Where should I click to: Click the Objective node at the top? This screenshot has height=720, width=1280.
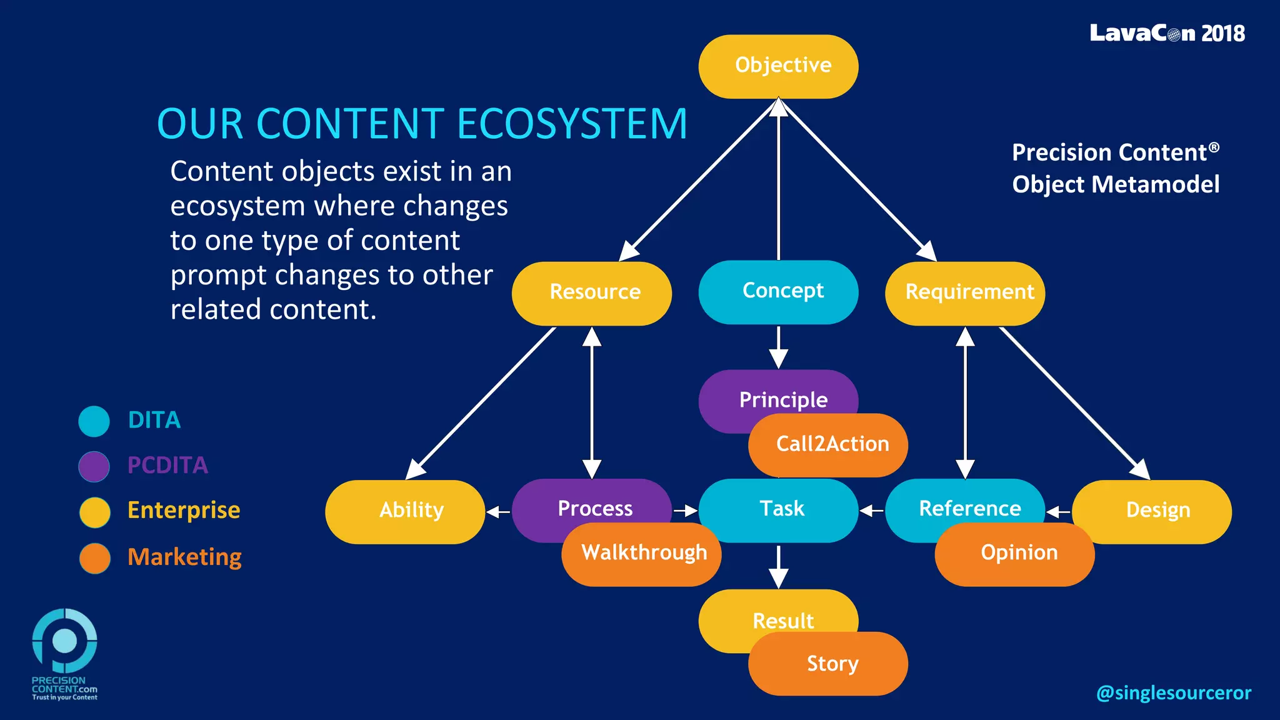pyautogui.click(x=778, y=66)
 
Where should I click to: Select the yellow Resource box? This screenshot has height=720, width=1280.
pyautogui.click(x=591, y=292)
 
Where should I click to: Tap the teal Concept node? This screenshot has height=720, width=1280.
pyautogui.click(x=778, y=291)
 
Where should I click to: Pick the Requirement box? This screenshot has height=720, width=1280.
pyautogui.click(x=965, y=292)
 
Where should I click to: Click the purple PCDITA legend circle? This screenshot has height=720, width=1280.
pyautogui.click(x=94, y=466)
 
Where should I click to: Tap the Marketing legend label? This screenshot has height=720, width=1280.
pyautogui.click(x=184, y=557)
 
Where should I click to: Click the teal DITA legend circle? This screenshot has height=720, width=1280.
pyautogui.click(x=94, y=421)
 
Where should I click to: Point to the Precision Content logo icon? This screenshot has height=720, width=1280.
pyautogui.click(x=64, y=641)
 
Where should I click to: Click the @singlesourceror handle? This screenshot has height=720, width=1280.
pyautogui.click(x=1173, y=692)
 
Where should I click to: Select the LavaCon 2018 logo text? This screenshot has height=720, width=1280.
pyautogui.click(x=1166, y=33)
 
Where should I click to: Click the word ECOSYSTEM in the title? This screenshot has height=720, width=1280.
pyautogui.click(x=572, y=124)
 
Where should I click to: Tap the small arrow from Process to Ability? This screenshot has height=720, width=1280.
pyautogui.click(x=498, y=512)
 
